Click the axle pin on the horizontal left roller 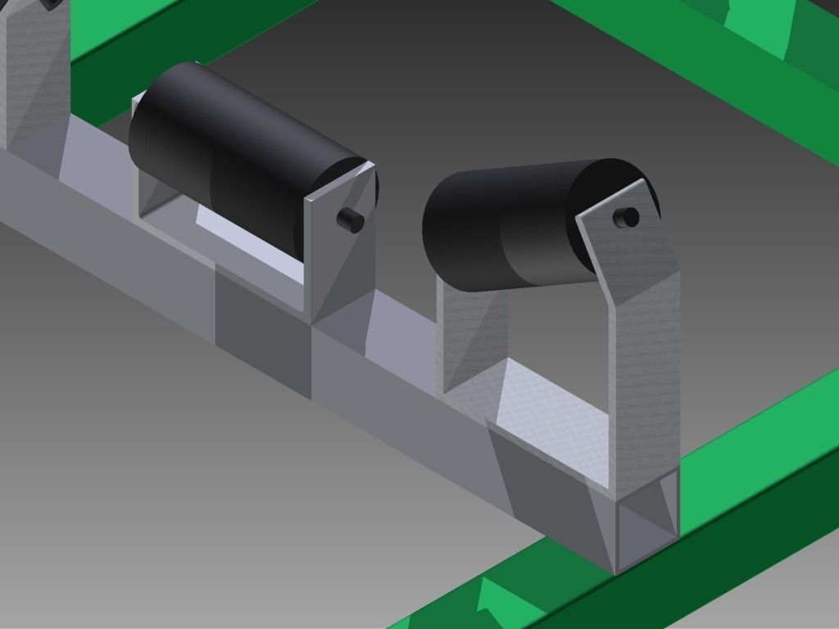tap(350, 220)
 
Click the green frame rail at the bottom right tap(696, 557)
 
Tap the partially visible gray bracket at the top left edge tap(33, 74)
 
